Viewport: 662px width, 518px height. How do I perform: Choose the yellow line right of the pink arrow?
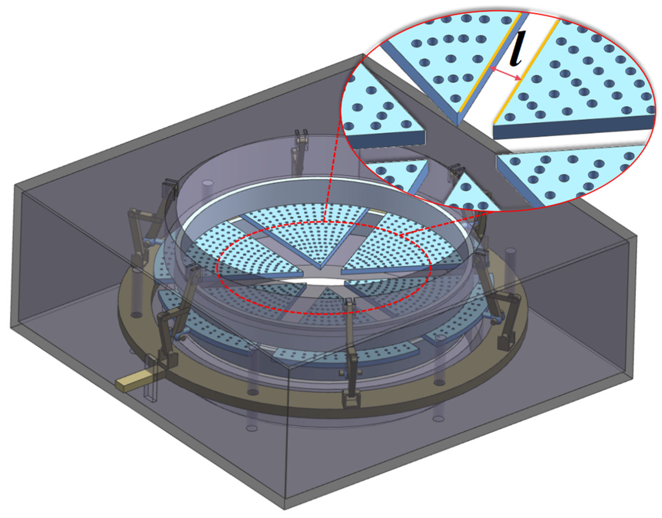pos(526,70)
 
